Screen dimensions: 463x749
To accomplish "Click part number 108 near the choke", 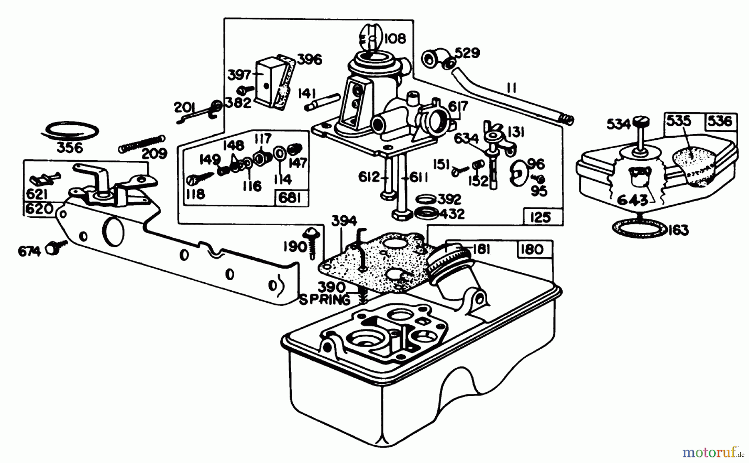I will point(395,38).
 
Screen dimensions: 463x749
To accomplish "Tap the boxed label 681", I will point(290,198).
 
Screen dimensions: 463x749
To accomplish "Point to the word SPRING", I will point(325,299).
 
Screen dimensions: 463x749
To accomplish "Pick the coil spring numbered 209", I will point(142,143).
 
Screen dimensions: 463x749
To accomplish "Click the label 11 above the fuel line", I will point(512,88).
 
